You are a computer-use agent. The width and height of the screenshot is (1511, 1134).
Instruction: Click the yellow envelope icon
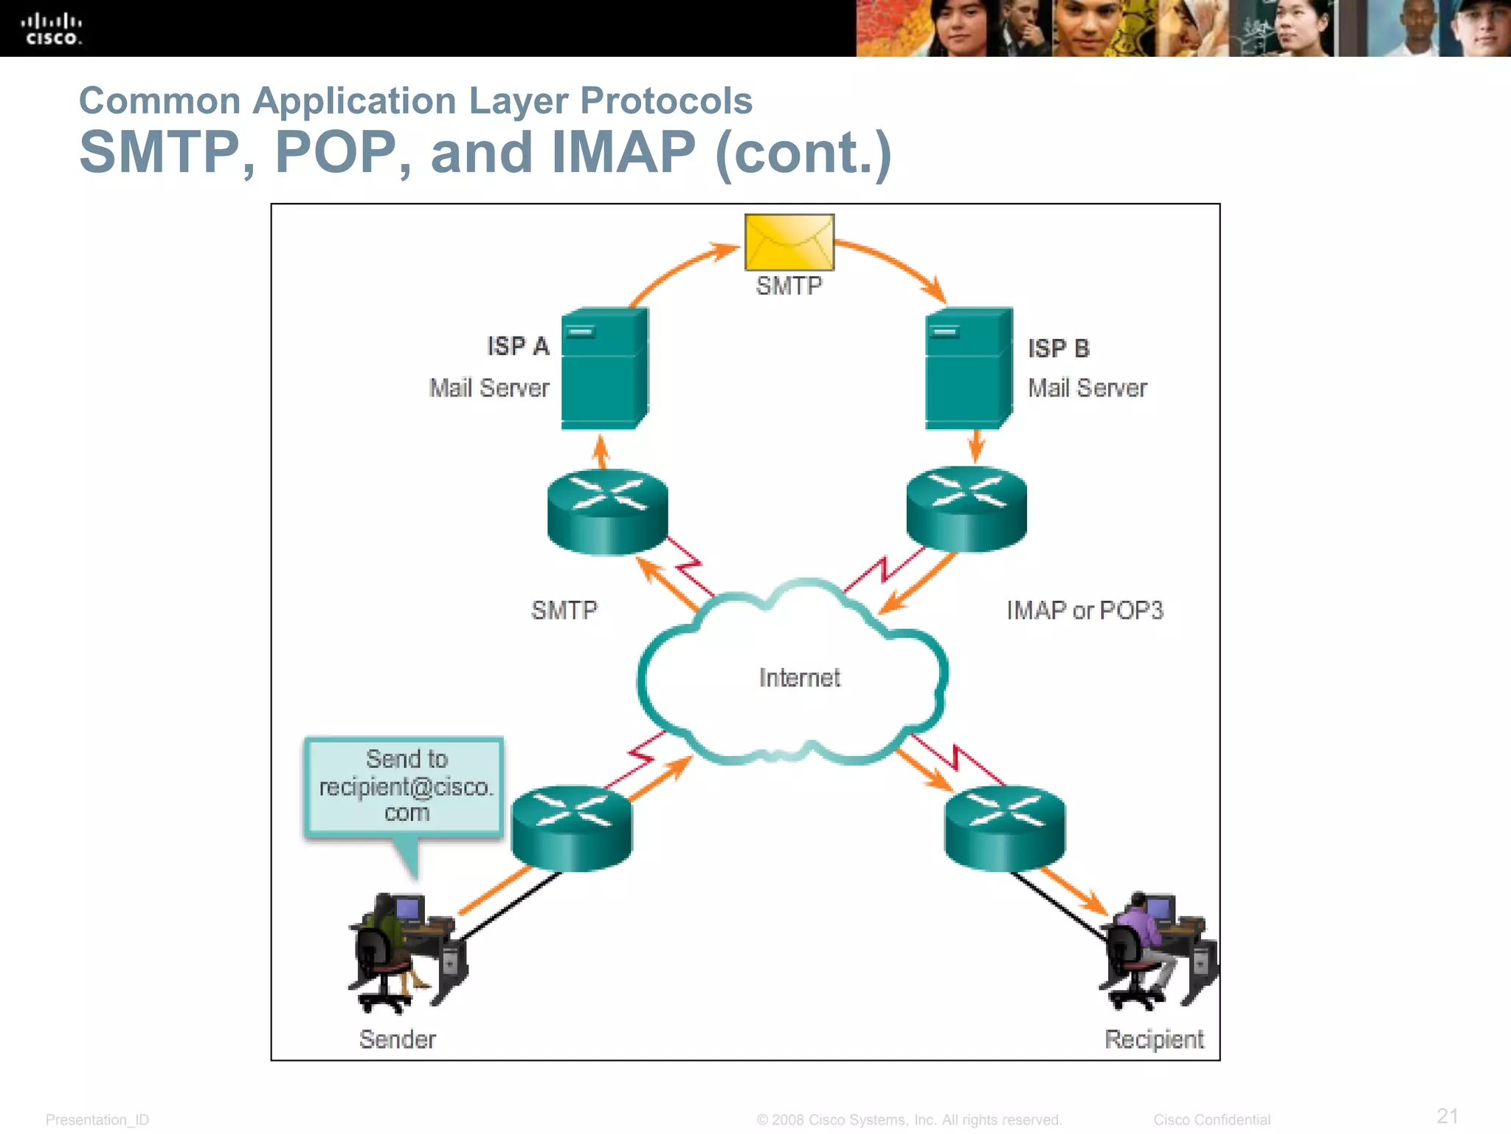coord(789,242)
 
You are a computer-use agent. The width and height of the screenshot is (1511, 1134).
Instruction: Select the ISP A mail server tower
coord(604,369)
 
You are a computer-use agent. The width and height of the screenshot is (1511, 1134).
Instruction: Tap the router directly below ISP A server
coord(607,512)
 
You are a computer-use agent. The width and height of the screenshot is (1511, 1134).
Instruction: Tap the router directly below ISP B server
coord(966,509)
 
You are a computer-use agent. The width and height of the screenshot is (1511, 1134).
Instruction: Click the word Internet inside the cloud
coord(799,678)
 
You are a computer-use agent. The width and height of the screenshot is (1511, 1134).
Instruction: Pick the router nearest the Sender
coord(572,828)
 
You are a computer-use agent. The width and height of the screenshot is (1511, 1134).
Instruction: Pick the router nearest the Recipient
coord(1004,828)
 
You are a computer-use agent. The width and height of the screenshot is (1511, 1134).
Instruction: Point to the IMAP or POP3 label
coord(1084,611)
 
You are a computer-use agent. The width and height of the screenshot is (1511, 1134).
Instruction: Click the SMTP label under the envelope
coord(789,286)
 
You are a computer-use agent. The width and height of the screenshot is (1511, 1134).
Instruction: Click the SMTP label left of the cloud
coord(564,611)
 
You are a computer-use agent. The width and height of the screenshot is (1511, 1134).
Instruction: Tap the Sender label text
coord(397,1039)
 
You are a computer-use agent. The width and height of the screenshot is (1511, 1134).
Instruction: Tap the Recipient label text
coord(1153,1039)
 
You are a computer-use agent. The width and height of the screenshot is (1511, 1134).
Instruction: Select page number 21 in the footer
coord(1447,1116)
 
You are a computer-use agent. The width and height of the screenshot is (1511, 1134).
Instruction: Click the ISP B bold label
coord(1058,348)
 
